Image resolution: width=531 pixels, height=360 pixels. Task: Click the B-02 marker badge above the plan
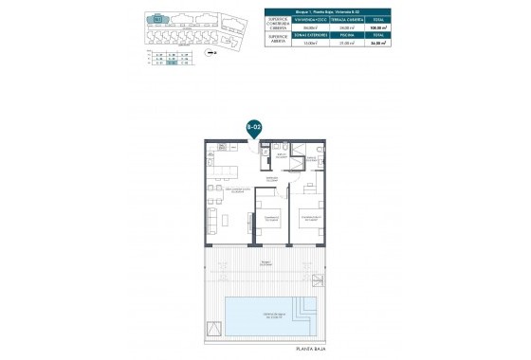click(x=253, y=126)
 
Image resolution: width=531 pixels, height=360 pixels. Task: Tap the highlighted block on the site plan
click(x=156, y=17)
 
